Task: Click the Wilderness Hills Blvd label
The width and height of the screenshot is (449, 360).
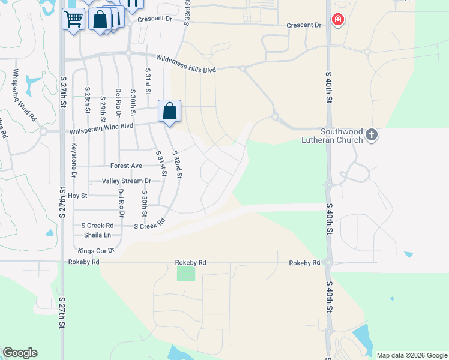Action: coord(185,64)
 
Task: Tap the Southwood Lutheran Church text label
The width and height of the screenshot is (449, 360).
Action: coord(333,136)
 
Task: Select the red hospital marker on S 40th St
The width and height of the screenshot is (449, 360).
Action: coord(338,20)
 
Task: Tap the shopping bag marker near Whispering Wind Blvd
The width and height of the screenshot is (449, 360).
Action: coord(170,111)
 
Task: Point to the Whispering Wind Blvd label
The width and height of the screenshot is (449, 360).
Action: coord(101,127)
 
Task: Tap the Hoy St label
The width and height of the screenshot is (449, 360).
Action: coord(77,196)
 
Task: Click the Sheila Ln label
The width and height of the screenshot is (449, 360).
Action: coord(97,235)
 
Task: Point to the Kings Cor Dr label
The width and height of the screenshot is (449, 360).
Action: coord(96,250)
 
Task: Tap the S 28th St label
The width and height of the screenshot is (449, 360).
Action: coord(88,100)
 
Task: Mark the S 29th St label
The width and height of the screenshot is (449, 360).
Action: coord(103,106)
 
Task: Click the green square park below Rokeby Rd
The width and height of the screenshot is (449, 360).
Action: coord(186,273)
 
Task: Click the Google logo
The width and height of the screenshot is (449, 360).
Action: coord(20,353)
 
